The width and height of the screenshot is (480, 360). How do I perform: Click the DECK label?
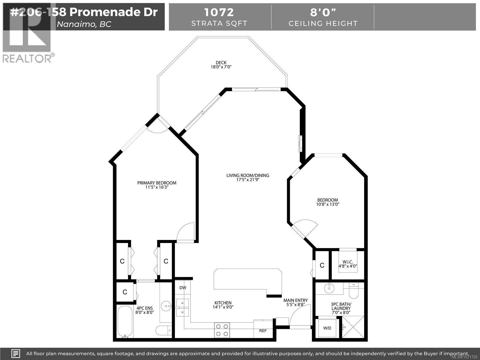click(x=221, y=63)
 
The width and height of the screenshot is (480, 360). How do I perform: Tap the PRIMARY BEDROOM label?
click(x=157, y=183)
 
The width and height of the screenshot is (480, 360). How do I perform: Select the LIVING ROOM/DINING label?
click(x=247, y=175)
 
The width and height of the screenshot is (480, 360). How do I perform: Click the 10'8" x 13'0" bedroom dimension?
click(x=328, y=204)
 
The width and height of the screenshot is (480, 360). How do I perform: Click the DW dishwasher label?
click(x=183, y=288)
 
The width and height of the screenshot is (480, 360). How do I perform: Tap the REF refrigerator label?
click(x=263, y=331)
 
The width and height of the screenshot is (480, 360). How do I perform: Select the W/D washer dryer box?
click(x=327, y=328)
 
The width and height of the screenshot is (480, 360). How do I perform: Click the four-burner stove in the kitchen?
click(x=222, y=330)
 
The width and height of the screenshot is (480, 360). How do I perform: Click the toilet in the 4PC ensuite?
click(x=163, y=331)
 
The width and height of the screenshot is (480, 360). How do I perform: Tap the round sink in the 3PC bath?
click(x=329, y=288)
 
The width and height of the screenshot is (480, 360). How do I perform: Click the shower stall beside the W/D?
click(x=353, y=328)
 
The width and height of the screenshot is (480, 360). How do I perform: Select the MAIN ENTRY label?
click(x=295, y=300)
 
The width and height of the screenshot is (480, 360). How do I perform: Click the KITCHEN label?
click(x=223, y=303)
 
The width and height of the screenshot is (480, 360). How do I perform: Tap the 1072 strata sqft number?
click(x=219, y=12)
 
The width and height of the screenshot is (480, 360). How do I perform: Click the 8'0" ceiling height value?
click(x=323, y=12)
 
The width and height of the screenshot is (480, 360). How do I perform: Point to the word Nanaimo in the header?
click(x=75, y=24)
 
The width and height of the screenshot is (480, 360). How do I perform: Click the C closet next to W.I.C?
click(x=322, y=265)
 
